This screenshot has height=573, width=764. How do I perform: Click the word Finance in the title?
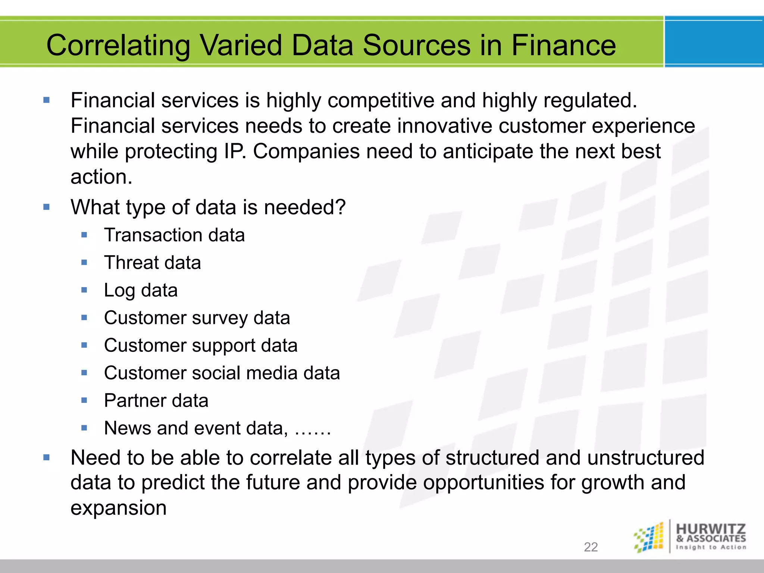tap(563, 45)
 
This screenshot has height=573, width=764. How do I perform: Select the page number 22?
tap(591, 547)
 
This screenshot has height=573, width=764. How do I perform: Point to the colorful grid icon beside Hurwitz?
tap(649, 538)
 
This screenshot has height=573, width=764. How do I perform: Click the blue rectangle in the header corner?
tap(714, 42)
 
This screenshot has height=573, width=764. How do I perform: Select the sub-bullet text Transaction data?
tap(174, 235)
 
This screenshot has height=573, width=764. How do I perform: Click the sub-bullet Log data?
tap(141, 290)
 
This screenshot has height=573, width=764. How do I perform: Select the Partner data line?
tap(156, 401)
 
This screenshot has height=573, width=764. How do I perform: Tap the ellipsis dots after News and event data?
tap(313, 433)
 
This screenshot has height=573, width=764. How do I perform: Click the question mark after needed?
tap(340, 207)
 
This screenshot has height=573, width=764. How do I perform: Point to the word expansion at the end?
tap(118, 508)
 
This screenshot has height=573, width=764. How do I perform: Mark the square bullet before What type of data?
tap(47, 207)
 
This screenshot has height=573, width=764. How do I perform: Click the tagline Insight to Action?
tap(711, 547)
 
